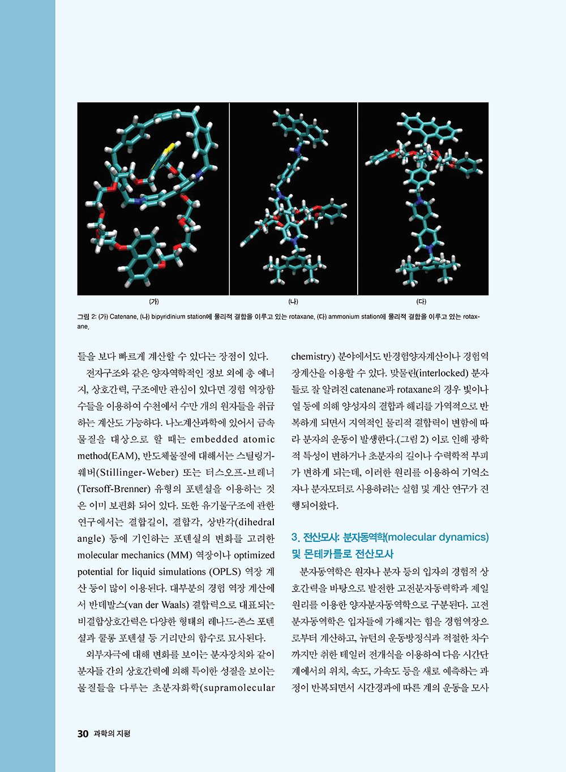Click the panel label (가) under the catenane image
tap(153, 301)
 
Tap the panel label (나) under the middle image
tap(293, 301)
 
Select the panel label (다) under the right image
tap(422, 301)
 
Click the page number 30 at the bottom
tap(83, 734)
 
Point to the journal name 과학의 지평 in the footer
tap(112, 734)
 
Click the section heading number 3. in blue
tap(295, 537)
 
